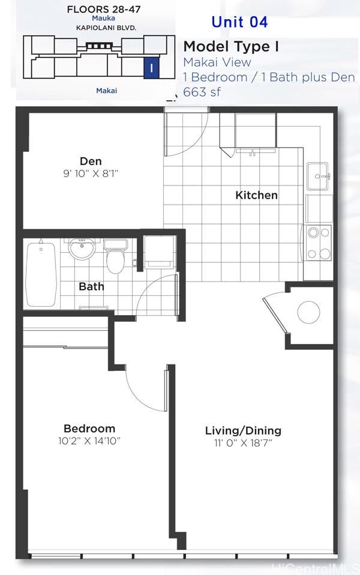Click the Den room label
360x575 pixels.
pyautogui.click(x=91, y=161)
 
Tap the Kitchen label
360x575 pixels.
pyautogui.click(x=256, y=195)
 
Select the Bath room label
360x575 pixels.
pyautogui.click(x=91, y=286)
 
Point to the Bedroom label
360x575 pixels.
pyautogui.click(x=89, y=429)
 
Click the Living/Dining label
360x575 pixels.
pyautogui.click(x=243, y=431)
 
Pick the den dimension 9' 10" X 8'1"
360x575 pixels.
pyautogui.click(x=91, y=173)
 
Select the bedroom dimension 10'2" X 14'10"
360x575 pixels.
pyautogui.click(x=89, y=441)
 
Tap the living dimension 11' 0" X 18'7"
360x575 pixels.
pyautogui.click(x=243, y=444)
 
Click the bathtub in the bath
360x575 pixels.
pyautogui.click(x=41, y=274)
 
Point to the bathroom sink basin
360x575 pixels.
pyautogui.click(x=82, y=249)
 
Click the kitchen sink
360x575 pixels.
pyautogui.click(x=317, y=176)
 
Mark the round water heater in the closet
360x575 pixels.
pyautogui.click(x=308, y=313)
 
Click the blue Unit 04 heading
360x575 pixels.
pyautogui.click(x=240, y=22)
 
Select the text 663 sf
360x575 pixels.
pyautogui.click(x=202, y=92)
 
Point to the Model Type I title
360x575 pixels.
pyautogui.click(x=231, y=47)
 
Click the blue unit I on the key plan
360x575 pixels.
pyautogui.click(x=151, y=68)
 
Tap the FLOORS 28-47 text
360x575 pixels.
pyautogui.click(x=104, y=9)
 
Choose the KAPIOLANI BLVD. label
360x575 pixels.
pyautogui.click(x=106, y=28)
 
